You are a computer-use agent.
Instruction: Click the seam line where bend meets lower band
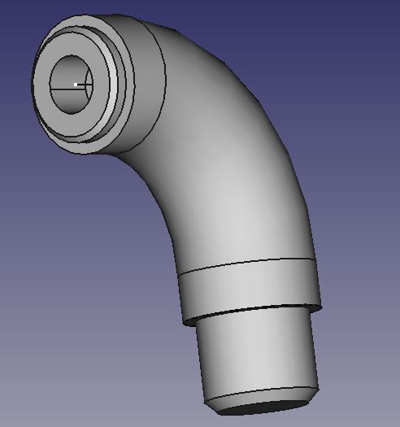(x=244, y=264)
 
